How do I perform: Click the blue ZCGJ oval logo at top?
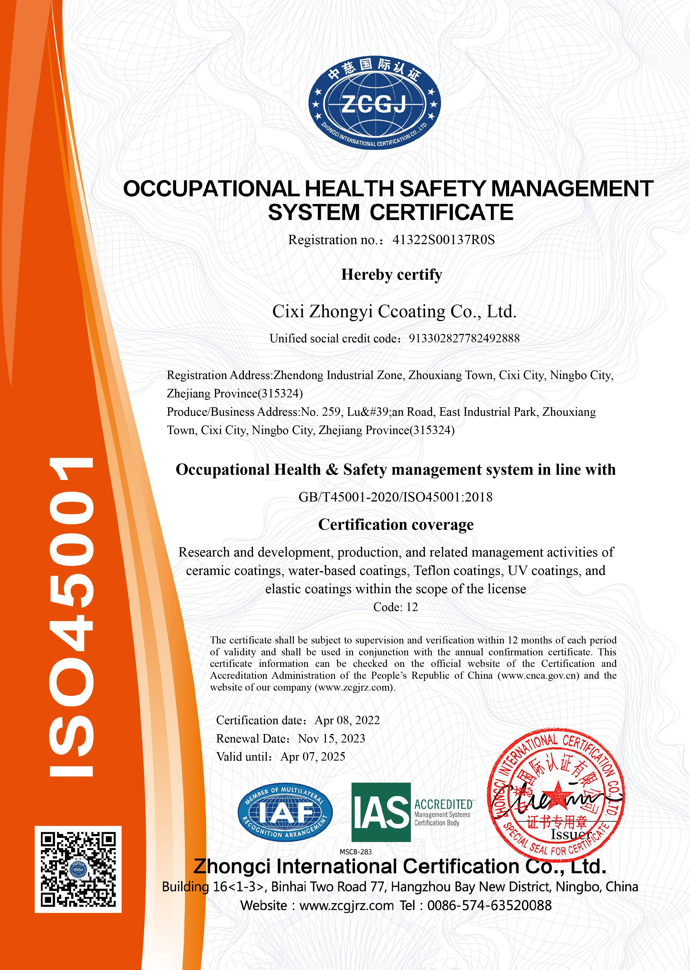pos(374,104)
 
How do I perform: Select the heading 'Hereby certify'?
pos(391,275)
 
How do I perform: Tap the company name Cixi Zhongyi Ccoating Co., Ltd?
pos(394,312)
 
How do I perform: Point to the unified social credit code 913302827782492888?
pos(464,339)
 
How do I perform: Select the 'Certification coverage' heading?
pos(396,525)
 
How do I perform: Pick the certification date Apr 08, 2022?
pos(347,720)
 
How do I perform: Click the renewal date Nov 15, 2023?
pos(331,739)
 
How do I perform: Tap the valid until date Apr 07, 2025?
pos(313,757)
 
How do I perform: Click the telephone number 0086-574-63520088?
pos(489,905)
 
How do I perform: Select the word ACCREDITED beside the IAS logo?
pos(443,804)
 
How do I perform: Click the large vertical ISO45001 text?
pos(72,616)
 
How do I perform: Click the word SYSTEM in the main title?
pos(314,213)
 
